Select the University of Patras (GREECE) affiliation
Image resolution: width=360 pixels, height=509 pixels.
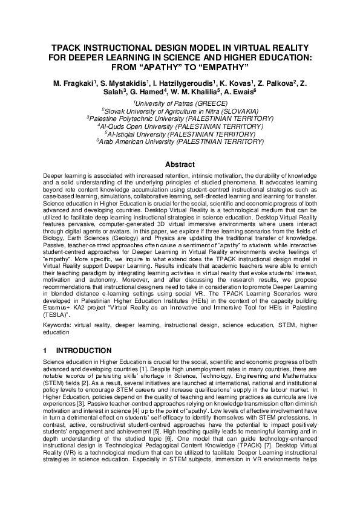[x=180, y=103]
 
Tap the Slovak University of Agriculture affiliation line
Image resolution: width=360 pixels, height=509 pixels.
[x=180, y=111]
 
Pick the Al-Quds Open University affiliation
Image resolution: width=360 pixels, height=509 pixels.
[x=180, y=126]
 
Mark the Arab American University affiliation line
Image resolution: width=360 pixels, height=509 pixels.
[x=180, y=141]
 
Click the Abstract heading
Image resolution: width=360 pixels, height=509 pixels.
[x=180, y=164]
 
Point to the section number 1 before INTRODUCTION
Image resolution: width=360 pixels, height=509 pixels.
[x=45, y=350]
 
